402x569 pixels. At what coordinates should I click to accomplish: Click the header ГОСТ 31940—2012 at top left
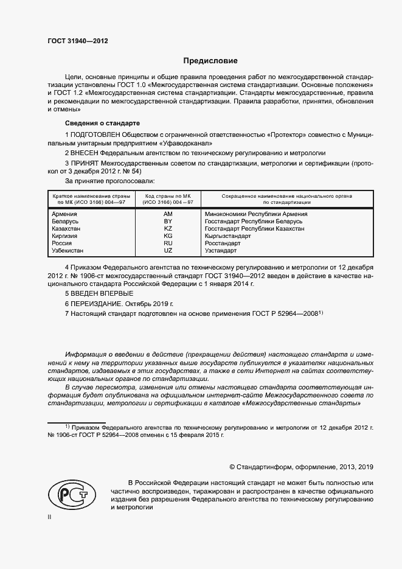[x=78, y=40]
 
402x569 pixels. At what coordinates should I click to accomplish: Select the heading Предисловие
[x=210, y=61]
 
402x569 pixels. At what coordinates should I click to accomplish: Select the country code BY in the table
[x=168, y=221]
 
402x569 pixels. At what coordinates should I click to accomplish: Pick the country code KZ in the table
[x=168, y=228]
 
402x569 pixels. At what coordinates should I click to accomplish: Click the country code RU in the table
[x=168, y=243]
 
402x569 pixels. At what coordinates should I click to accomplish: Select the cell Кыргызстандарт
[x=228, y=236]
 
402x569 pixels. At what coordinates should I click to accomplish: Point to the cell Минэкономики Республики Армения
[x=256, y=214]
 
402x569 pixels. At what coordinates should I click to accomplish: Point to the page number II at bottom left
[x=50, y=516]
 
